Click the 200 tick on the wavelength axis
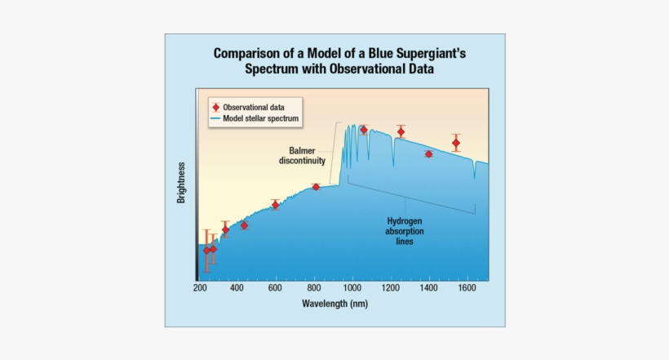[x=200, y=288]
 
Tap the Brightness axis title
[x=181, y=183]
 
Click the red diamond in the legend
[x=215, y=107]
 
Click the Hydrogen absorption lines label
[x=405, y=231]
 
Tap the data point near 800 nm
[x=316, y=187]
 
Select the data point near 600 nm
[x=276, y=204]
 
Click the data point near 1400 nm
[x=428, y=154]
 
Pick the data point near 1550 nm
[x=456, y=144]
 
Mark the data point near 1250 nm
[x=401, y=131]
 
